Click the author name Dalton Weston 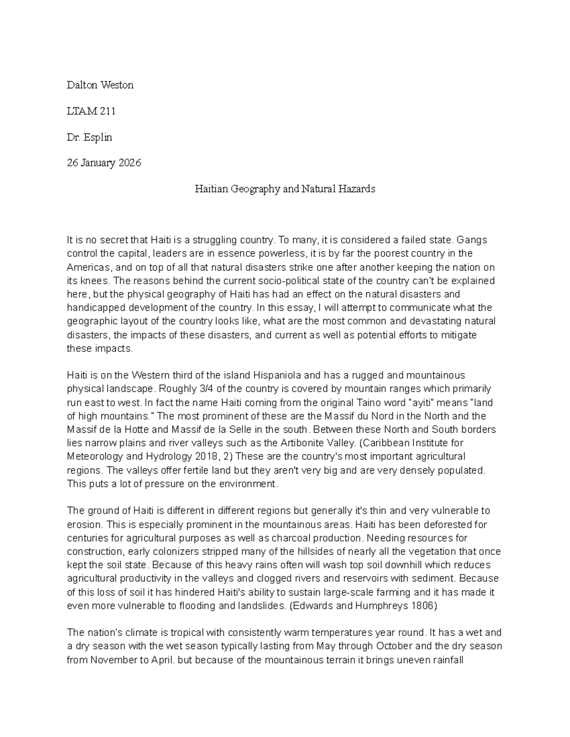(x=100, y=85)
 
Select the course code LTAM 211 (x=91, y=111)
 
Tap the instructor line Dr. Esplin (x=89, y=137)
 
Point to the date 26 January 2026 (x=104, y=163)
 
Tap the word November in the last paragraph (x=112, y=660)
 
